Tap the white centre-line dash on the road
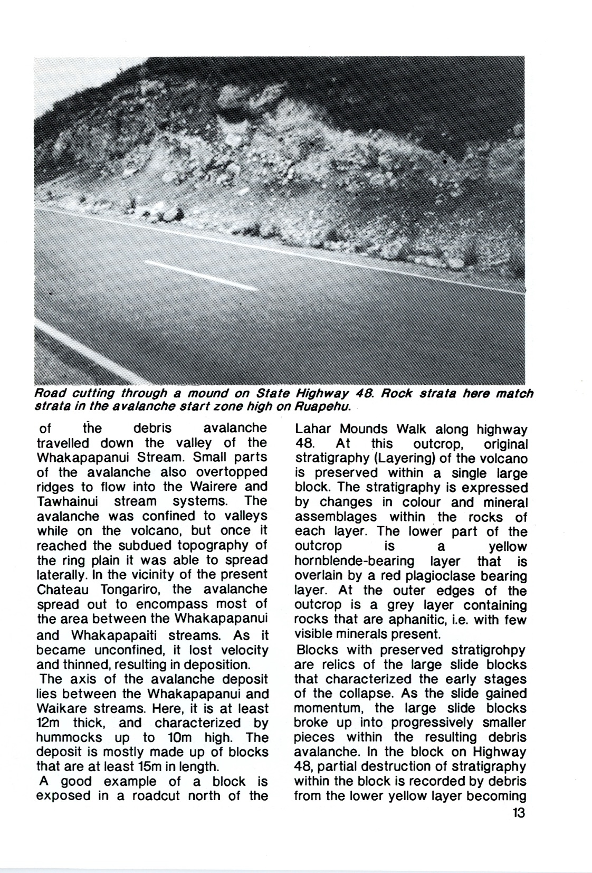tap(200, 275)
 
